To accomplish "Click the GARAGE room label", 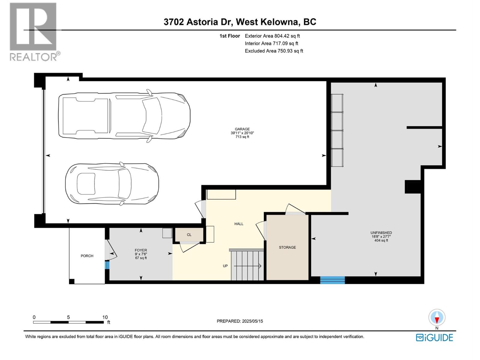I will (242, 129).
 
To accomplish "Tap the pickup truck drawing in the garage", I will (124, 115).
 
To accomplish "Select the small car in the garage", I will (112, 184).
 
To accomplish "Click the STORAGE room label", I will (287, 247).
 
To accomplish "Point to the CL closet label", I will (189, 235).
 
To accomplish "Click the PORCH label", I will (87, 256).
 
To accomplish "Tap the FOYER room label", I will (141, 250).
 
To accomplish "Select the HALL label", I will (239, 224).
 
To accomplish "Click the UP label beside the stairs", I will (225, 266).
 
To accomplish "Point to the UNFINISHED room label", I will (381, 233).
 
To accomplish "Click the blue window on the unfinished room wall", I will (332, 280).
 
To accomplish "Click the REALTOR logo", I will (34, 31).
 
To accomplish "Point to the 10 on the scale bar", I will (105, 317).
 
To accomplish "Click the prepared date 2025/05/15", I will (240, 321).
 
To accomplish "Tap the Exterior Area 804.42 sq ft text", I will (272, 36).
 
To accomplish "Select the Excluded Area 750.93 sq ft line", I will (274, 51).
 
